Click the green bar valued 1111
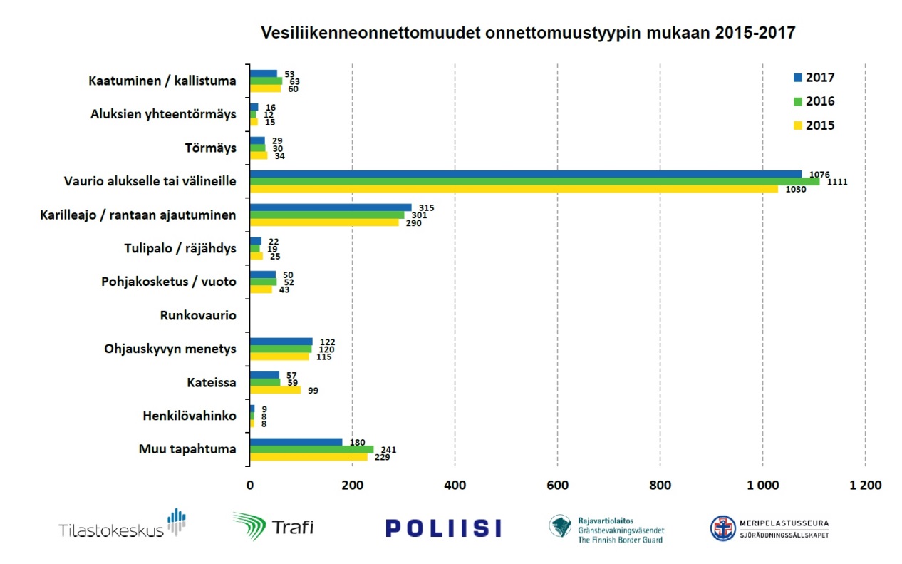(x=534, y=182)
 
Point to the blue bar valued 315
(x=331, y=207)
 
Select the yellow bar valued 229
(x=309, y=457)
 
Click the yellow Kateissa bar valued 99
(x=275, y=390)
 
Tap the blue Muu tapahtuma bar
(x=296, y=442)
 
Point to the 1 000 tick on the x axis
(x=762, y=485)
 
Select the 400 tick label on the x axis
(x=455, y=485)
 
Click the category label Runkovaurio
(x=198, y=314)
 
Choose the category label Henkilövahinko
(x=189, y=416)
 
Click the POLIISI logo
(x=443, y=528)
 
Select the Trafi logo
(x=274, y=527)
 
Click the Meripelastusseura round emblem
(x=723, y=528)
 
